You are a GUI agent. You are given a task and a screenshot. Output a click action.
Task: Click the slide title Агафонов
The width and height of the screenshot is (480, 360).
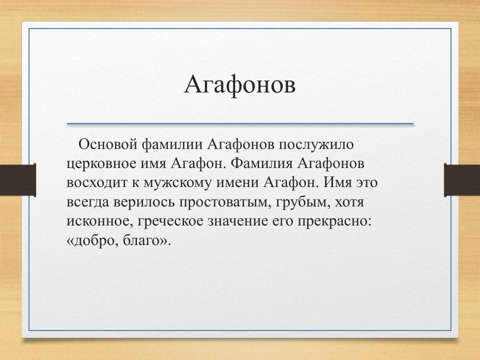(x=239, y=84)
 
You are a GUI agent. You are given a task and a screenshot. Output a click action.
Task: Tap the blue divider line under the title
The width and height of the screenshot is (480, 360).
(x=240, y=123)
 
